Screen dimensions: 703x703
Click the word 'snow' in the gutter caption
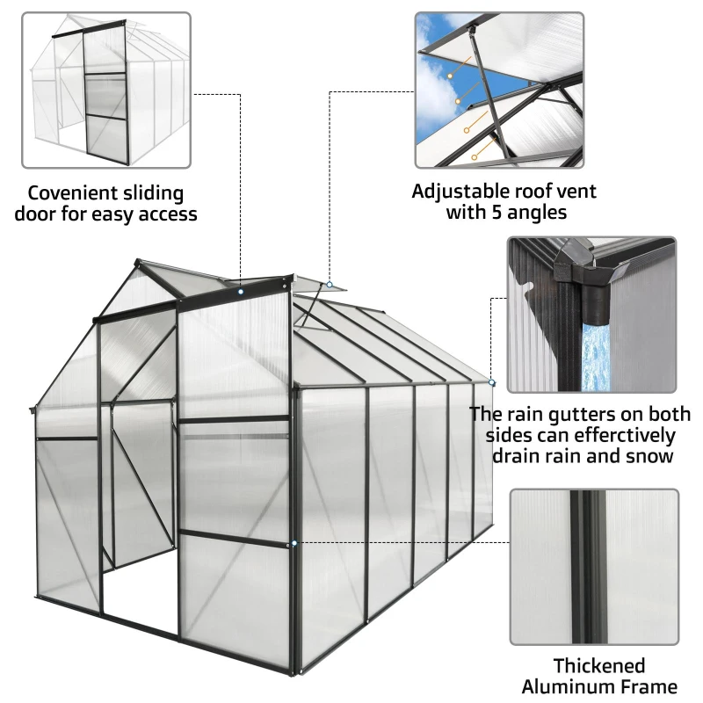[652, 457]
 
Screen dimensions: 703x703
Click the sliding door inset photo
[105, 91]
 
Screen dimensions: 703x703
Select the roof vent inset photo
[499, 91]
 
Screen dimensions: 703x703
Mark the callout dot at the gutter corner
[492, 384]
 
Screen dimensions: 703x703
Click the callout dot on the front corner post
[294, 544]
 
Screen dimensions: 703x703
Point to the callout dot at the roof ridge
[241, 288]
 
